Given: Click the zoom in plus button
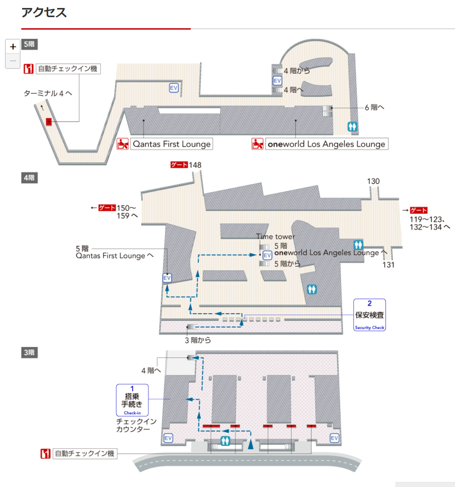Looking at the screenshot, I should coord(13,46).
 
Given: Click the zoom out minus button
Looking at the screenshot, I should coord(13,61).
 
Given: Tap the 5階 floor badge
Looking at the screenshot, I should coord(29,44).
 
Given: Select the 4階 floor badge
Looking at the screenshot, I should coord(29,178).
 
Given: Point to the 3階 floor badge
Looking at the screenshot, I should coord(29,352).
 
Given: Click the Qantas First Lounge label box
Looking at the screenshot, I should coord(171,144).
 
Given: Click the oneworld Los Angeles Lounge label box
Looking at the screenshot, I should coord(326,144).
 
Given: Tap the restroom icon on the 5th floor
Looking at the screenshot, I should coord(352,126).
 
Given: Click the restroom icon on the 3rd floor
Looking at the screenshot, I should coord(225,441).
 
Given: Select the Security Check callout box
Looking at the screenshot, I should coord(369,315).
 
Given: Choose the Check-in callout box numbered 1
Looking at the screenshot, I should coord(132,400).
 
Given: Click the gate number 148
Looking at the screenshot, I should coord(195,165).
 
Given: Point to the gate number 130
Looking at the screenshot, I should coord(373,181).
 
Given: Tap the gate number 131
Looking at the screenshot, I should coord(388,265).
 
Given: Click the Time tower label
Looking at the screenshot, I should coord(275,237).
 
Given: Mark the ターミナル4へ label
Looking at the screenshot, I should coord(48,93).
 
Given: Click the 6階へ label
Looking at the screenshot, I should coord(374,108).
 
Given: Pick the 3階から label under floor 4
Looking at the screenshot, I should coord(198,340).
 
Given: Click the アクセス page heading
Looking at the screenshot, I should coord(44,13).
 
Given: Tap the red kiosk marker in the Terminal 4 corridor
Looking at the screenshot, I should coord(49,122).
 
